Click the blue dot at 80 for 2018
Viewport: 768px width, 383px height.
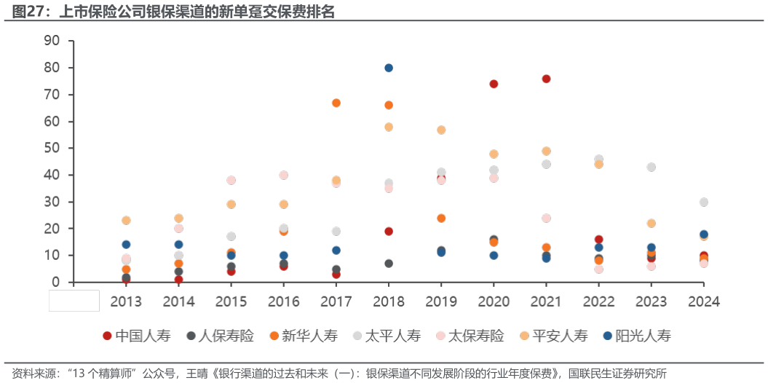(x=389, y=68)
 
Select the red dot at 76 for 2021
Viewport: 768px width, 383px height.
(x=546, y=79)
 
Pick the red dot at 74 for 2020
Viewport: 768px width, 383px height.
(x=494, y=84)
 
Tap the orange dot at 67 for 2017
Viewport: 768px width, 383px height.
(x=336, y=103)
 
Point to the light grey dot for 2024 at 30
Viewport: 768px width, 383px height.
(x=704, y=202)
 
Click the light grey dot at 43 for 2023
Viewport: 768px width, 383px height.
(x=652, y=167)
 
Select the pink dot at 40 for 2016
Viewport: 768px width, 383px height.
(x=284, y=175)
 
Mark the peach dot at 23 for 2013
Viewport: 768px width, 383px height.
(x=126, y=221)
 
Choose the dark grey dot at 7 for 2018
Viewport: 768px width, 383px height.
(x=389, y=264)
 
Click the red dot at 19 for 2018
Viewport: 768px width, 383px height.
(x=389, y=232)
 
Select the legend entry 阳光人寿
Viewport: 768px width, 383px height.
(x=637, y=336)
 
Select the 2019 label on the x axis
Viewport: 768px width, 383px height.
(x=441, y=301)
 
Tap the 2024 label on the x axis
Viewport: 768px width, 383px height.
(x=704, y=301)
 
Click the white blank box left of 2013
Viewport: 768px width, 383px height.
(x=74, y=300)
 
